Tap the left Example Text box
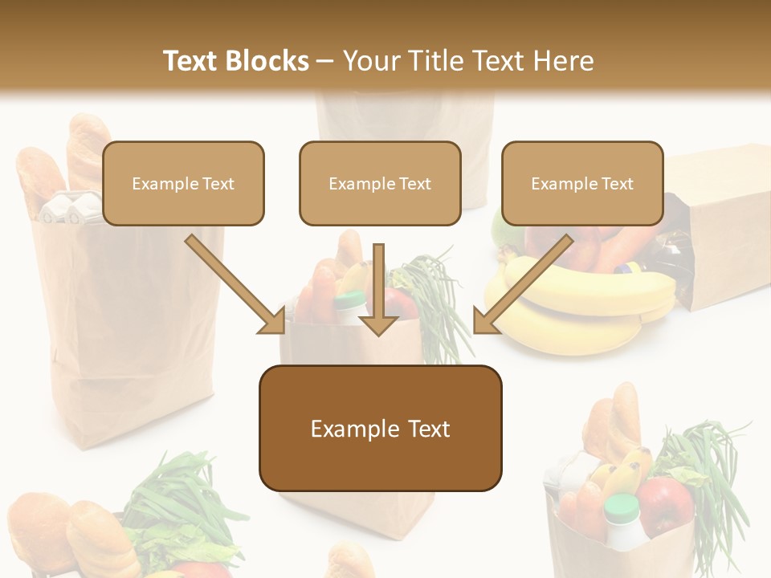[183, 183]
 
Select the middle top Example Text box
[380, 183]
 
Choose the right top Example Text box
[582, 183]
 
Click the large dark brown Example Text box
[380, 428]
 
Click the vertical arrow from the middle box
[378, 289]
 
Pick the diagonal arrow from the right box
[522, 285]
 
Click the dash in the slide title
[325, 61]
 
